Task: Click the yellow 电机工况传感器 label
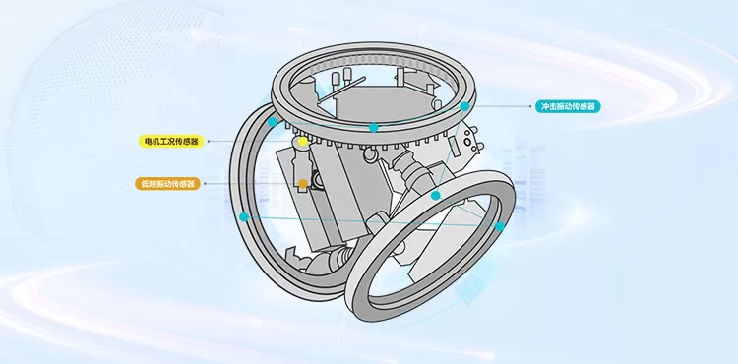pyautogui.click(x=170, y=142)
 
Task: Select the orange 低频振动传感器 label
pyautogui.click(x=168, y=183)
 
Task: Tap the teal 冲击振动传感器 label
pyautogui.click(x=569, y=106)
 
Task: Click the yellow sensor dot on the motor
pyautogui.click(x=302, y=142)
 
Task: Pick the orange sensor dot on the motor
pyautogui.click(x=303, y=184)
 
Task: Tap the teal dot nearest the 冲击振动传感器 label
pyautogui.click(x=464, y=106)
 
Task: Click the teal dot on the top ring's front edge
pyautogui.click(x=373, y=127)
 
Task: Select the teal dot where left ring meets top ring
pyautogui.click(x=273, y=122)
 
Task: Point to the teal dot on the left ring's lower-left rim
pyautogui.click(x=243, y=216)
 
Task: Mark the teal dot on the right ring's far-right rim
pyautogui.click(x=500, y=226)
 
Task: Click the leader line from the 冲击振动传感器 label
pyautogui.click(x=502, y=106)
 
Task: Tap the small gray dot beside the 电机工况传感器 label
pyautogui.click(x=208, y=142)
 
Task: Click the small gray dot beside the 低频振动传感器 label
pyautogui.click(x=207, y=184)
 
